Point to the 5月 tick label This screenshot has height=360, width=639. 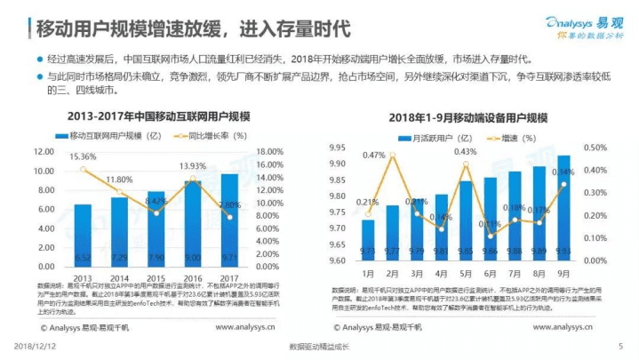466,274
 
